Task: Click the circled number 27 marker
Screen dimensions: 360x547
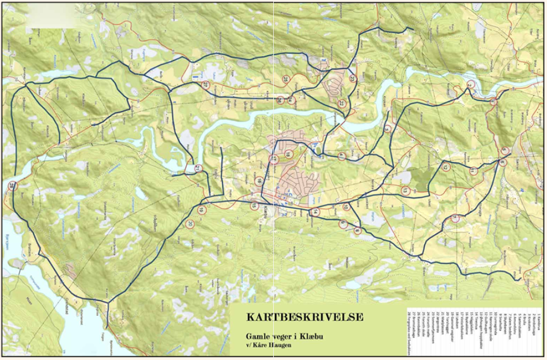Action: coord(205,85)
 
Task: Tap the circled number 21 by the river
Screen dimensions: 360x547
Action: coord(198,168)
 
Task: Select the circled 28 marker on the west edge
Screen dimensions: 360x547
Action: coord(13,185)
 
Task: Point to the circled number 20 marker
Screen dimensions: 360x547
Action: coord(190,224)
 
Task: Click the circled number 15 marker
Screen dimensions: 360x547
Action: coord(254,206)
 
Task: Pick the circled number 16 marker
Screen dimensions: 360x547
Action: coord(259,181)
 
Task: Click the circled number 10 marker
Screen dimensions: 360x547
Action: coord(346,207)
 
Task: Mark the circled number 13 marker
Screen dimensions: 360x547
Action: coord(405,191)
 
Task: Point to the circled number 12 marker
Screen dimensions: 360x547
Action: coord(445,167)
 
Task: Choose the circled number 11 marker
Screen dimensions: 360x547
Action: coord(473,171)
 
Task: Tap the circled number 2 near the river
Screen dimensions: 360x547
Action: coord(470,85)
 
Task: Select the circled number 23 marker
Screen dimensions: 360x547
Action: coord(352,79)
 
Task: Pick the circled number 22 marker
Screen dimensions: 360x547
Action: coord(341,104)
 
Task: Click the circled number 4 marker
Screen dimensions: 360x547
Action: coord(341,156)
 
